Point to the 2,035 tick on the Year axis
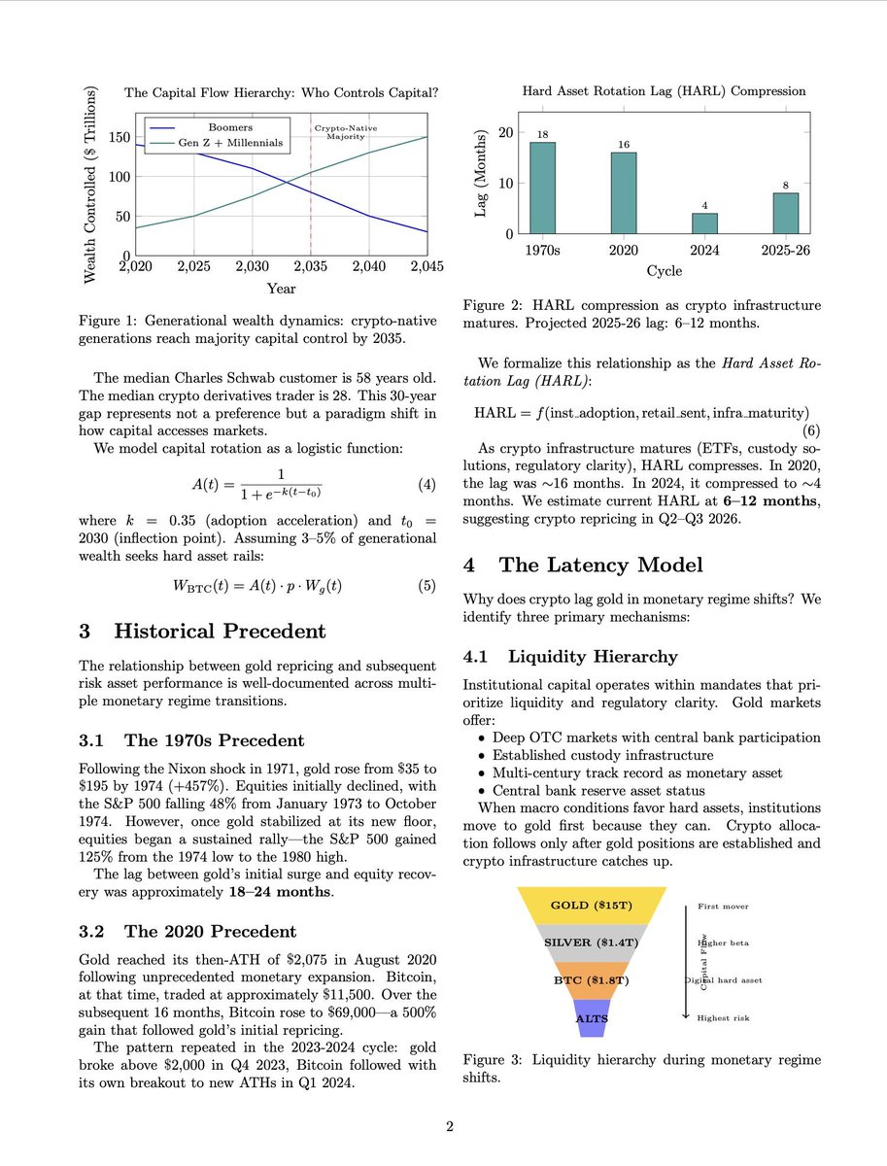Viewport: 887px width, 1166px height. click(310, 265)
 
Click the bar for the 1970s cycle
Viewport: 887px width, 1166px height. click(543, 188)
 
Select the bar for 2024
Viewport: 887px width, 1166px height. click(704, 223)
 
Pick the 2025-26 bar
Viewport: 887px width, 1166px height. click(785, 213)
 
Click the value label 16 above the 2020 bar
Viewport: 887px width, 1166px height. click(624, 144)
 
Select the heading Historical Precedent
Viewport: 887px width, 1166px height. click(220, 632)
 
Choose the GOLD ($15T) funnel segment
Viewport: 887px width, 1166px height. click(592, 906)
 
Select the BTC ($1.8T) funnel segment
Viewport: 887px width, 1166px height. click(592, 980)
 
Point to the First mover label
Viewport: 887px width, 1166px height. click(724, 907)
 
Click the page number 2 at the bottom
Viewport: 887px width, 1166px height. click(450, 1127)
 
